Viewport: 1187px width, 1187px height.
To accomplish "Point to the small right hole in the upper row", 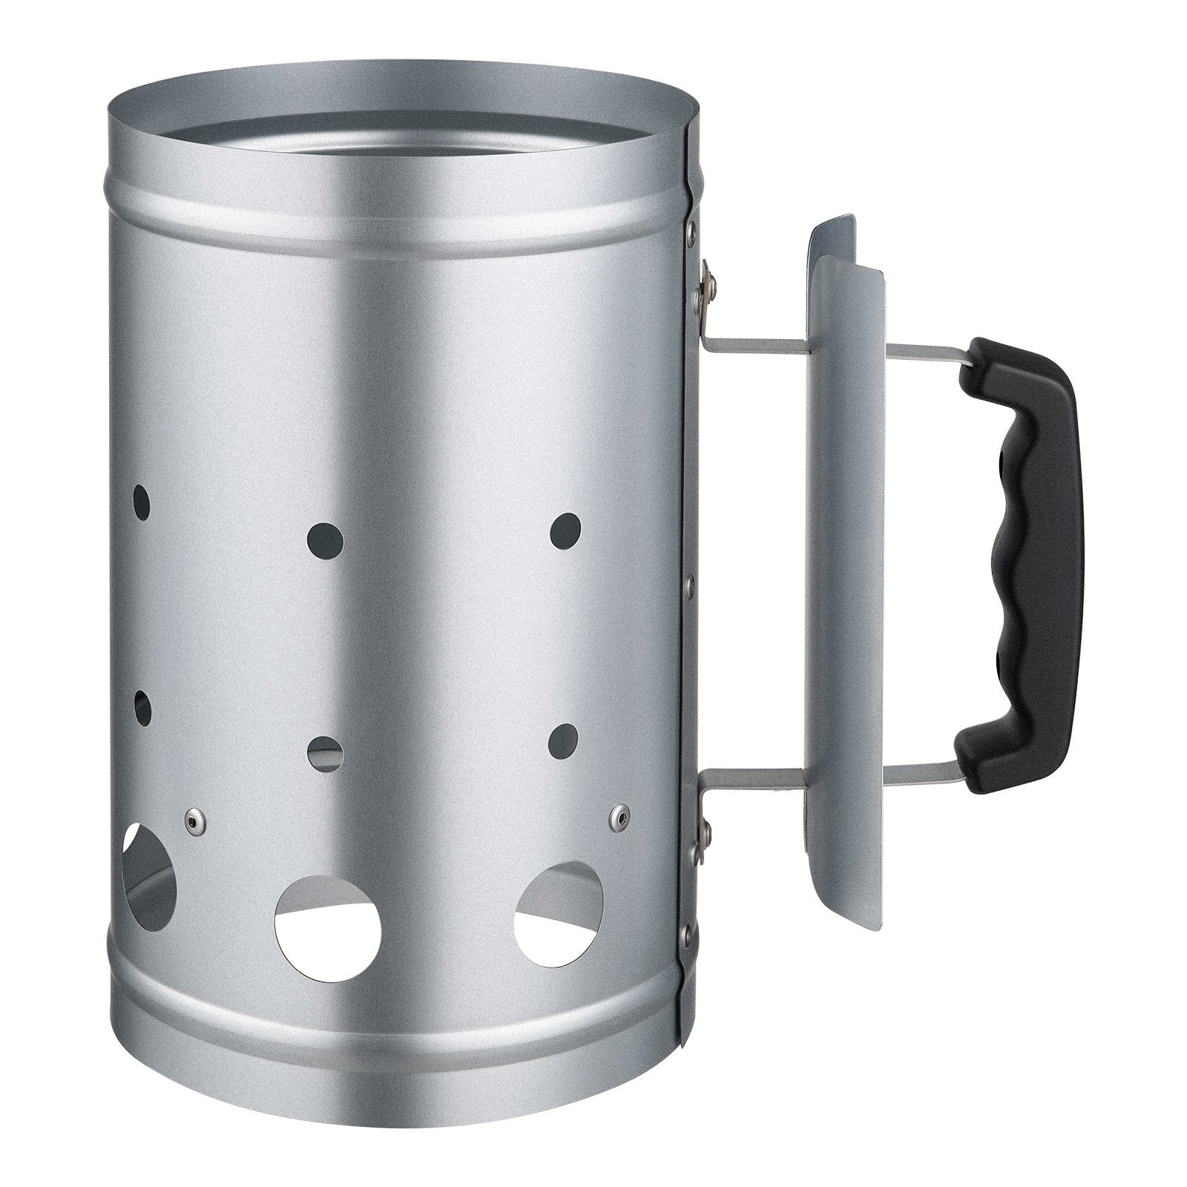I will click(x=565, y=531).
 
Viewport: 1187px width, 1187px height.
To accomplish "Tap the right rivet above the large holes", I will click(x=617, y=818).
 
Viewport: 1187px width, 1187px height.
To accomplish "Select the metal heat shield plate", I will click(x=846, y=579).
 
